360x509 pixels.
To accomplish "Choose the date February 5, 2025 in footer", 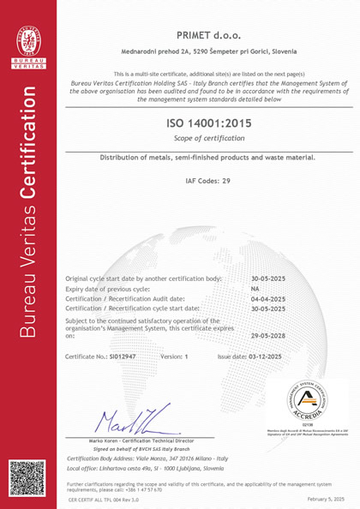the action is click(x=325, y=498).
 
